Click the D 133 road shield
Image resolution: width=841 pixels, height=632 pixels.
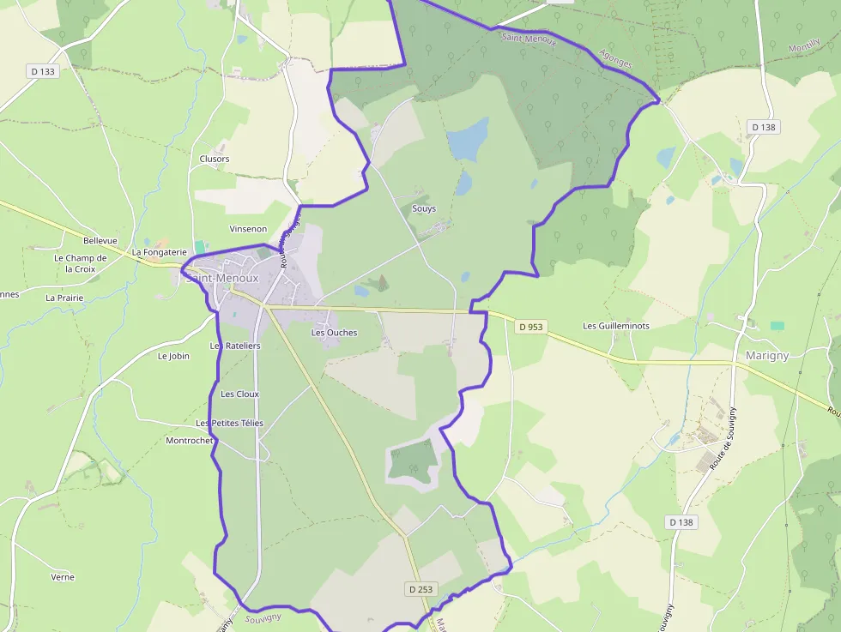[42, 71]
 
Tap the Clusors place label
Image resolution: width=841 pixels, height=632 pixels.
[215, 159]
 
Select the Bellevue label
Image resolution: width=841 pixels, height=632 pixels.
[100, 241]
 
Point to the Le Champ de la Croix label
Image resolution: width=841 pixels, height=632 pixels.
[80, 263]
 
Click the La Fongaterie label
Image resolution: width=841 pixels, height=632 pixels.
[159, 252]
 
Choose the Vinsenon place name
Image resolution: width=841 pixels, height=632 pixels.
[248, 229]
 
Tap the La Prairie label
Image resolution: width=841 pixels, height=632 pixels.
[64, 298]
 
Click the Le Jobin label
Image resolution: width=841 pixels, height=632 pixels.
[173, 355]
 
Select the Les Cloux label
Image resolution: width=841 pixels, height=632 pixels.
[239, 394]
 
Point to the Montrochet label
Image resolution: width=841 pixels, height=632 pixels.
[189, 441]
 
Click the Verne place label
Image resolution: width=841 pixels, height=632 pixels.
[63, 577]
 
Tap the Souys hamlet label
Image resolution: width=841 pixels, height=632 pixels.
[424, 208]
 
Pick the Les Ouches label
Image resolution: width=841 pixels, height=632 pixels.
[334, 333]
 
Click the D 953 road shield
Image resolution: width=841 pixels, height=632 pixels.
[531, 327]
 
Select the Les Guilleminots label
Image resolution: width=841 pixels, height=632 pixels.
[616, 326]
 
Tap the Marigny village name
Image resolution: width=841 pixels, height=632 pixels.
[767, 356]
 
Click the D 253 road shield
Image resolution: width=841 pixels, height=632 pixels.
[420, 589]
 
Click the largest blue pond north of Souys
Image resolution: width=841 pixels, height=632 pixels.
[468, 140]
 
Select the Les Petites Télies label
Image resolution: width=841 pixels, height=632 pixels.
[229, 424]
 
